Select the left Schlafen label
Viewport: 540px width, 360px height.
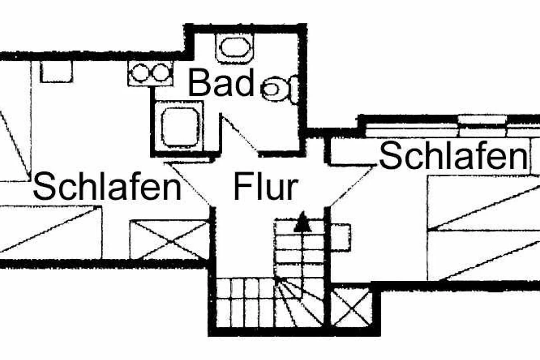(x=107, y=188)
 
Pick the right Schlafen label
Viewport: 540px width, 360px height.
(x=453, y=156)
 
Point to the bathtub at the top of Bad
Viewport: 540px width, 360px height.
(x=235, y=48)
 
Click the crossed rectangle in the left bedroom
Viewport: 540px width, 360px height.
(x=170, y=239)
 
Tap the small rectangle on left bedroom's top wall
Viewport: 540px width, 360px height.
(x=56, y=72)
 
